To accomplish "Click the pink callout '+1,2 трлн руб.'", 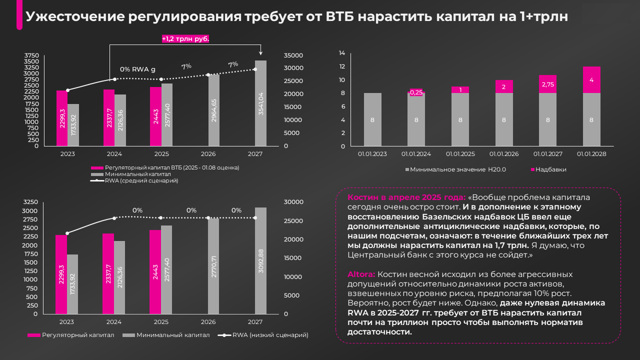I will tap(185, 38).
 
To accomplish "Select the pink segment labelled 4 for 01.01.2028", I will tap(591, 80).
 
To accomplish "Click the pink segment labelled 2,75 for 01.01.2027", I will tap(547, 84).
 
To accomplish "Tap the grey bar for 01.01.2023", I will tap(372, 119).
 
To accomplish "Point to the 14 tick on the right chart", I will tap(342, 53).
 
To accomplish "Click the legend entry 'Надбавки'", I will tap(550, 169).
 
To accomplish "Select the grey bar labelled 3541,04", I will tap(260, 103).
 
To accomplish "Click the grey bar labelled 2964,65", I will tap(213, 110).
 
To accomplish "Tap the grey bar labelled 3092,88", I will tap(260, 260).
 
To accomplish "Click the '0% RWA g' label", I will tap(137, 69).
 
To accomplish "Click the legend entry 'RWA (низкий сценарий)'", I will tap(270, 335).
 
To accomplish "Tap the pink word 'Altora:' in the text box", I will tap(361, 274).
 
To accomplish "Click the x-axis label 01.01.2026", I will tap(503, 154).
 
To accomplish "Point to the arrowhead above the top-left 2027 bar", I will tap(260, 54).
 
